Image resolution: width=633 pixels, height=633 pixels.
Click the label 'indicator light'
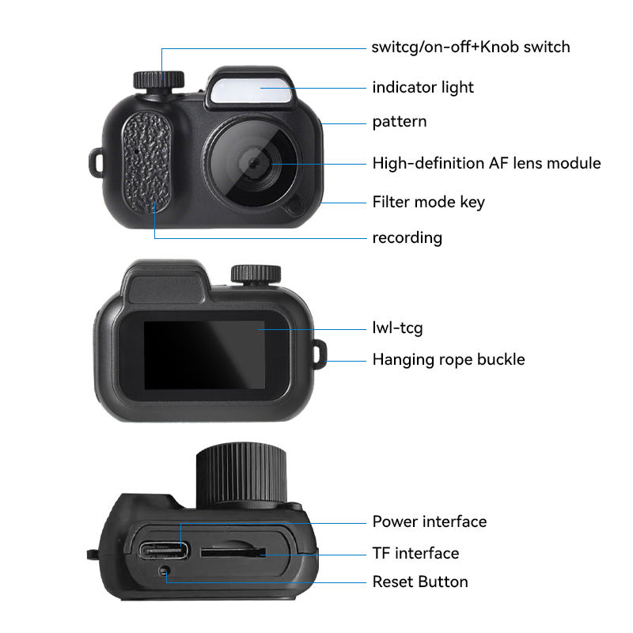tap(423, 87)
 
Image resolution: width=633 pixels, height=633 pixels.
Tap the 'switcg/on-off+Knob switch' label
tap(471, 47)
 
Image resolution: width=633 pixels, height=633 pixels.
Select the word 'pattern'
tap(400, 122)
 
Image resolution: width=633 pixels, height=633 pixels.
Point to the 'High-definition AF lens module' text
tap(487, 164)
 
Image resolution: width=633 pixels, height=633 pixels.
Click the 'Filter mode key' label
tap(429, 202)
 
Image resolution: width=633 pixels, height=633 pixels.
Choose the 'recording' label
tap(407, 237)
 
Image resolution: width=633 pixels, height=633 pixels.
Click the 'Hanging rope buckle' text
tap(449, 359)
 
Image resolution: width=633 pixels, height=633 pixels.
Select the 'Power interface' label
tap(430, 521)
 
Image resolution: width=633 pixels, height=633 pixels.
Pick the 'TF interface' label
tap(415, 553)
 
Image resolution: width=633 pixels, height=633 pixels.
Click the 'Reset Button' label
tap(420, 582)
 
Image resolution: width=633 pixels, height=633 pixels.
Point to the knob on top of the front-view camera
tap(158, 79)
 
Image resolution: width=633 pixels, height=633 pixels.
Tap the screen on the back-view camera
tap(203, 354)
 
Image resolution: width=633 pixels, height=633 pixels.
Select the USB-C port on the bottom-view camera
tap(165, 551)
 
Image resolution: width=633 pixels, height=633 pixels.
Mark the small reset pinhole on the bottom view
tap(165, 571)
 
